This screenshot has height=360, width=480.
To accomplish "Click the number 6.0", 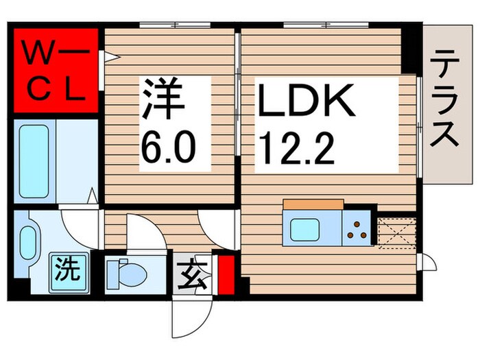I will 169,145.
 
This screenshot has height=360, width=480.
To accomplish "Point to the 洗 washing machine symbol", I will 67,266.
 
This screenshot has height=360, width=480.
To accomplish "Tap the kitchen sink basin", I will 306,229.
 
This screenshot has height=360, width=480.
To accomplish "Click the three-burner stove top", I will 359,228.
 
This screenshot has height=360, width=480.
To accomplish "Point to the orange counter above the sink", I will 313,204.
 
